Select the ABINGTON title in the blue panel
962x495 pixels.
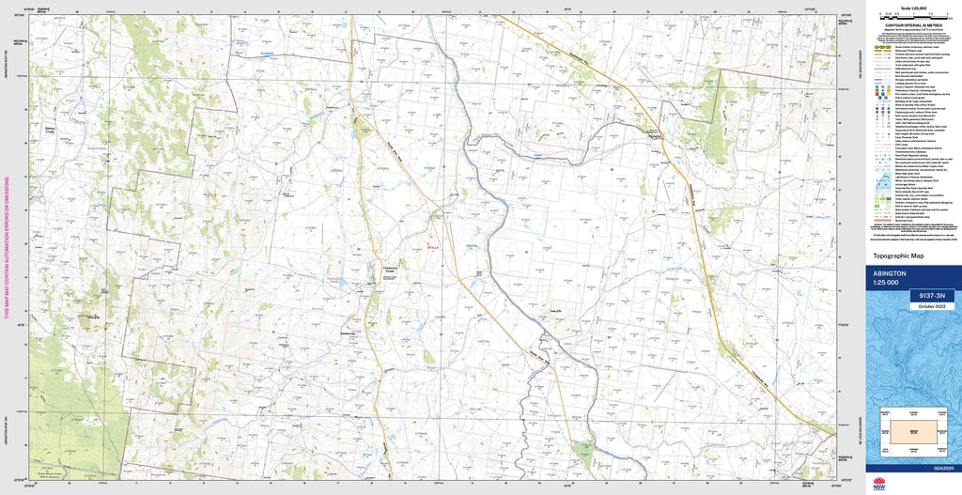click(x=892, y=273)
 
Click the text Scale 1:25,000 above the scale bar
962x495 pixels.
click(x=913, y=8)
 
